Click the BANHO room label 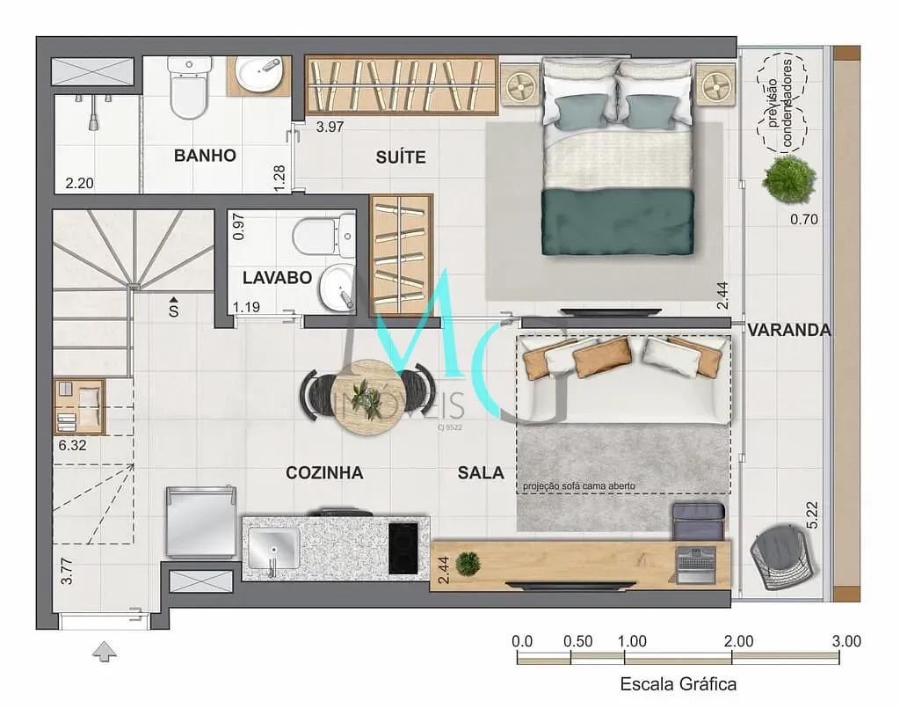(205, 156)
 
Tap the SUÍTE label (401, 157)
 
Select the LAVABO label (277, 278)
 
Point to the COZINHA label (324, 472)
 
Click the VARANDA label (789, 330)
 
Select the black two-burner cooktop (403, 548)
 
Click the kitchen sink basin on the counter (273, 548)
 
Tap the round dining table (367, 397)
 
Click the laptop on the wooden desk (696, 565)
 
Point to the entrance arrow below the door (105, 651)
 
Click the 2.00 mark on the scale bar (738, 641)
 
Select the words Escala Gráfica (678, 684)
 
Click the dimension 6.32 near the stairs (72, 445)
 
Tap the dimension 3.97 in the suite (330, 127)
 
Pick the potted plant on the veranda (789, 179)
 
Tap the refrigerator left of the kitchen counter (201, 522)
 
